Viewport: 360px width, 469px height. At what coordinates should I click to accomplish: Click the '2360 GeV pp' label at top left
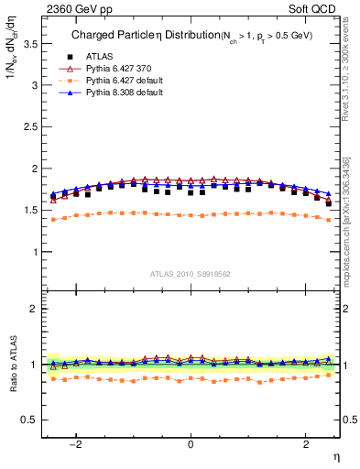point(73,8)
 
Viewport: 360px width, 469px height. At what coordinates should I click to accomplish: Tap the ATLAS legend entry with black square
point(102,56)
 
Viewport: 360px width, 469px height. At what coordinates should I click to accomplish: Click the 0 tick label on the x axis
point(190,445)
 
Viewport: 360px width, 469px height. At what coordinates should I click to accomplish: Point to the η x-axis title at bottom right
point(334,456)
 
